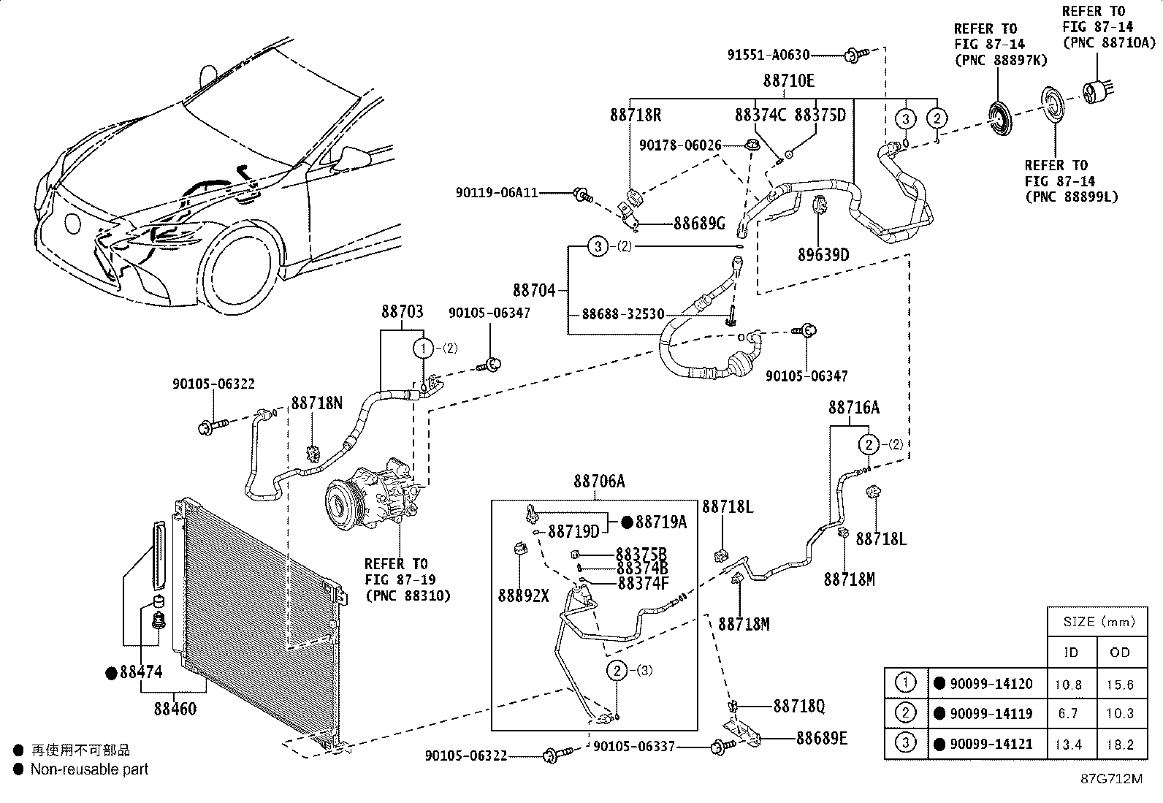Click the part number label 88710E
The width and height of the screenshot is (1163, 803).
coord(789,81)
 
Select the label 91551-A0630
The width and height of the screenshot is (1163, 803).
coord(769,55)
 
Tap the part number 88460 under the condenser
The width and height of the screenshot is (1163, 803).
coord(175,709)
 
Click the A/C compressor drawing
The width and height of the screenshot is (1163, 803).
coord(372,493)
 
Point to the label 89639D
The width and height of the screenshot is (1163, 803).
coord(823,254)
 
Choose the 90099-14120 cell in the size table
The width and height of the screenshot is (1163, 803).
coord(991,684)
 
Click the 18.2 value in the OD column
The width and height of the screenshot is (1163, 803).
coord(1120,745)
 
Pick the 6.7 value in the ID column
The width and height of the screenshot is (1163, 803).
coord(1068,714)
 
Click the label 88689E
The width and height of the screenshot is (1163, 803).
coord(822,738)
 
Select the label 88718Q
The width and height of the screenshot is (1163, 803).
coord(799,706)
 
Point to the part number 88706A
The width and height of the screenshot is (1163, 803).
coord(599,482)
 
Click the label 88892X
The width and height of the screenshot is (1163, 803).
coord(523,595)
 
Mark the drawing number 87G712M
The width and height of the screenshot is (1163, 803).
coord(1112,779)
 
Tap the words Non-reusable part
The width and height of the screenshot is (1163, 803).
coord(89,769)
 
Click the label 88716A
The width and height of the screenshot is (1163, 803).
coord(854,408)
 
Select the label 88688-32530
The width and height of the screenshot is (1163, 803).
coord(623,314)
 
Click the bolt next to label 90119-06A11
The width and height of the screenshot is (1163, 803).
coord(583,195)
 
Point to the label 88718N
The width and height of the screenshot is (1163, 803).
coord(317,403)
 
